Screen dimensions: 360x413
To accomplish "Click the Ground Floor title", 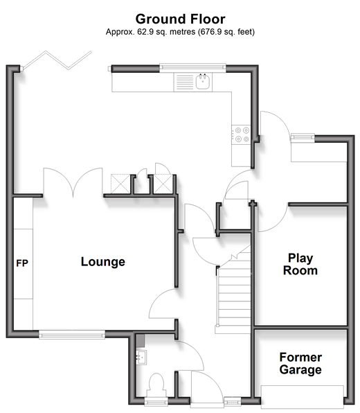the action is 180,19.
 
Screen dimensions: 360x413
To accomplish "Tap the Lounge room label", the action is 103,262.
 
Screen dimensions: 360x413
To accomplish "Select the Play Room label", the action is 300,264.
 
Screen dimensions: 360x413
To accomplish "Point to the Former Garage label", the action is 300,364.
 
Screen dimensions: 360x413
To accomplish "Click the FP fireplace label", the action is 22,263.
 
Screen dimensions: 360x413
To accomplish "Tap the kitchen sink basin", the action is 203,82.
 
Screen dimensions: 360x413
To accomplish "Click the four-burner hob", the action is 242,134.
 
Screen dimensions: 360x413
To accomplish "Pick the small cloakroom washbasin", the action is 141,358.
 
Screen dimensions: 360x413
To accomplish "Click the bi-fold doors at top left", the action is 57,60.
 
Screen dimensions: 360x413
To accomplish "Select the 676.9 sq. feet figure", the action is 226,32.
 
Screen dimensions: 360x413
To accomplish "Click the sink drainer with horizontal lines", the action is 185,82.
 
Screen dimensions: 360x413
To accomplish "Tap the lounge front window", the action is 72,335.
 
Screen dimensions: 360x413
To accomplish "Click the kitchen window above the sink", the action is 192,67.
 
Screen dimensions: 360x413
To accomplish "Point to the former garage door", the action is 302,395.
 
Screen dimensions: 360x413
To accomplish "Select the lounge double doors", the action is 73,182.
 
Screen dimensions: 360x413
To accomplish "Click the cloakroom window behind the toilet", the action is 156,401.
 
